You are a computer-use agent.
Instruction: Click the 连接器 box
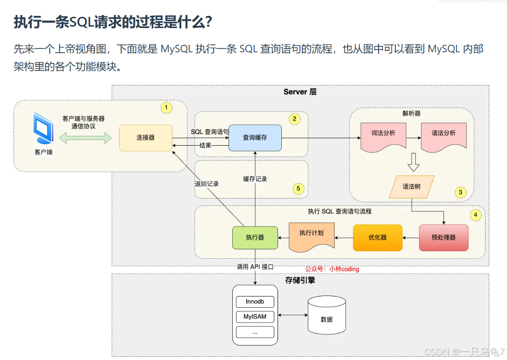coord(146,138)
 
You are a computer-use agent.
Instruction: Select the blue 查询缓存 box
coord(255,138)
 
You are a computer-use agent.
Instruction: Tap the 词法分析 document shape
coord(383,134)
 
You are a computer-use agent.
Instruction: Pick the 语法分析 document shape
coord(443,134)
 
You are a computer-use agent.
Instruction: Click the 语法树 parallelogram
coord(412,186)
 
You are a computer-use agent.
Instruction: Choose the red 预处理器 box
coord(443,238)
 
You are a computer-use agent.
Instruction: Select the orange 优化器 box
coord(378,238)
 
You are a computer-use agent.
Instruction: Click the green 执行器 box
coord(255,238)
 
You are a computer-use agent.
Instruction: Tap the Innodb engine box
coord(255,302)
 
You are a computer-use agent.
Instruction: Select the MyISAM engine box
coord(255,317)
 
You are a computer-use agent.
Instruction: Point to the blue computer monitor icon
coord(43,127)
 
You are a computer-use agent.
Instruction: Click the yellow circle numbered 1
coord(166,108)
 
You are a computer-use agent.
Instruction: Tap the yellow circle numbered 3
coord(460,192)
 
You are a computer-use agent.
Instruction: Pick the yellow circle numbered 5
coord(298,189)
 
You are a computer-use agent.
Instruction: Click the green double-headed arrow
coord(86,138)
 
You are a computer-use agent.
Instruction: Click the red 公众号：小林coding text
coord(332,269)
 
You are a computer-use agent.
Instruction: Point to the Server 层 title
coord(300,92)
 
